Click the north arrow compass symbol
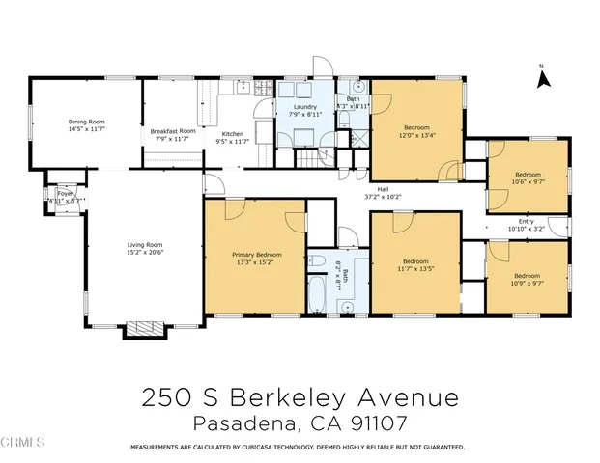543,78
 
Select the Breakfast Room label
173,131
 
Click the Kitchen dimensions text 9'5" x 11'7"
232,142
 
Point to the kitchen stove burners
263,89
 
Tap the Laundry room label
304,107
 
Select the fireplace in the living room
146,329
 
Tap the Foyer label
66,193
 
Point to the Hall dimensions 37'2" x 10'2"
383,197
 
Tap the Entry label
527,221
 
